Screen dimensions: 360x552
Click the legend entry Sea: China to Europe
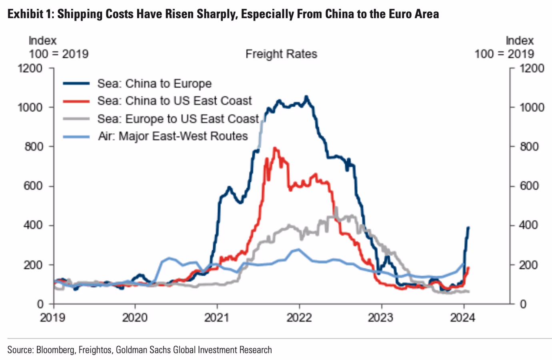[154, 84]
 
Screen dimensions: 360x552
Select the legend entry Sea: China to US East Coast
[174, 101]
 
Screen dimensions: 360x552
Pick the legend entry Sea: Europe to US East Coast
[178, 119]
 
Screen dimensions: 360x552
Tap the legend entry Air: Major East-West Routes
[173, 136]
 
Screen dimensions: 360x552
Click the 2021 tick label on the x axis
[217, 318]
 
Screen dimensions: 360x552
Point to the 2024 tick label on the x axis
[463, 318]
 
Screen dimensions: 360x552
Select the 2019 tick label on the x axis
[53, 318]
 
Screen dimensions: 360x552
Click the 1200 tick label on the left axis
[30, 68]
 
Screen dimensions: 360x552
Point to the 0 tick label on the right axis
[523, 304]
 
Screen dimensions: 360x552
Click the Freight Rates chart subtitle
[281, 54]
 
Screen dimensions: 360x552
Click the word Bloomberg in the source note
[55, 350]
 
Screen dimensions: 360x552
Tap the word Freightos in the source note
[95, 350]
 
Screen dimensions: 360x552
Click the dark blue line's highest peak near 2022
[306, 96]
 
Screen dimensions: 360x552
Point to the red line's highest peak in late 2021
[275, 148]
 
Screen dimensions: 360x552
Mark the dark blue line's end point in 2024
[468, 227]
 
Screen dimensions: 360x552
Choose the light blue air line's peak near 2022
[298, 249]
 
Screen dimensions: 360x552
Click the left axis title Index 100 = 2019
[58, 47]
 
